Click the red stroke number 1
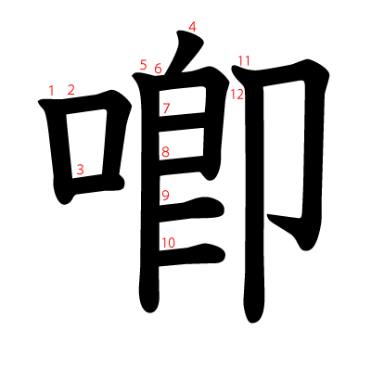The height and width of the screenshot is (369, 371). click(51, 91)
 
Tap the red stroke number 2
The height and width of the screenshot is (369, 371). click(71, 90)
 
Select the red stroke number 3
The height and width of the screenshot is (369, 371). click(80, 170)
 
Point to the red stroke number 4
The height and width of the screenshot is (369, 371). click(192, 27)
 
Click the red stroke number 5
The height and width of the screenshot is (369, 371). click(143, 65)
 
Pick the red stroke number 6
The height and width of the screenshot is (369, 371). click(158, 69)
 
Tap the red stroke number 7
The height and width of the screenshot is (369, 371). click(166, 108)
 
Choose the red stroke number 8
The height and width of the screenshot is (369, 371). click(166, 152)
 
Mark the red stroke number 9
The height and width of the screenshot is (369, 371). click(166, 195)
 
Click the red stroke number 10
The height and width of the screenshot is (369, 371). click(169, 243)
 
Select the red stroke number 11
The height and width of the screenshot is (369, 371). click(244, 61)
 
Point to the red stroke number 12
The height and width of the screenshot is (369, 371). click(237, 95)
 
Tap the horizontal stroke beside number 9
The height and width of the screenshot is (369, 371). click(191, 210)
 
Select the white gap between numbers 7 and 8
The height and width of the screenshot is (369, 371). click(181, 144)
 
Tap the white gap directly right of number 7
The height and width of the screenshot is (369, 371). click(182, 101)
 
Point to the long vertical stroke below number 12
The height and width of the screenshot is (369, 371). click(254, 201)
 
